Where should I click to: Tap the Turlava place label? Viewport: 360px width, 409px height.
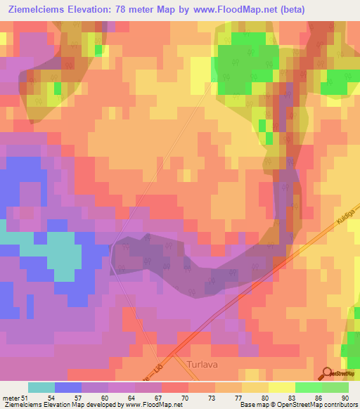[205, 365]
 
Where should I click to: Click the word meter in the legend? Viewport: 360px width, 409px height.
[11, 397]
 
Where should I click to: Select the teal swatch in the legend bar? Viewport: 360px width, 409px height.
[41, 387]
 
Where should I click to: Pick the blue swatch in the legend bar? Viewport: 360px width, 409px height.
[67, 387]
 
